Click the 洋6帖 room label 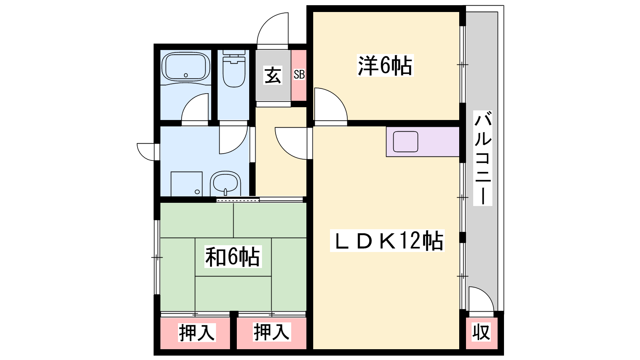point(385,66)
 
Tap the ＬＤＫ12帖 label point(387,241)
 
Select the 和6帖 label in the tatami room point(233,256)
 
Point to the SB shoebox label point(299,74)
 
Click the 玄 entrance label point(273,76)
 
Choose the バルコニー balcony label point(482,158)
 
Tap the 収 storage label point(481,332)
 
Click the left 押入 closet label point(196,332)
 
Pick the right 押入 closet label point(272,332)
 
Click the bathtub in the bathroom point(186,66)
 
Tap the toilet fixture point(234,68)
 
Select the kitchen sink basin point(406,142)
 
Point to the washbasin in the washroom point(226,183)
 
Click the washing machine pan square point(186,184)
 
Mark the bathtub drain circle point(186,76)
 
